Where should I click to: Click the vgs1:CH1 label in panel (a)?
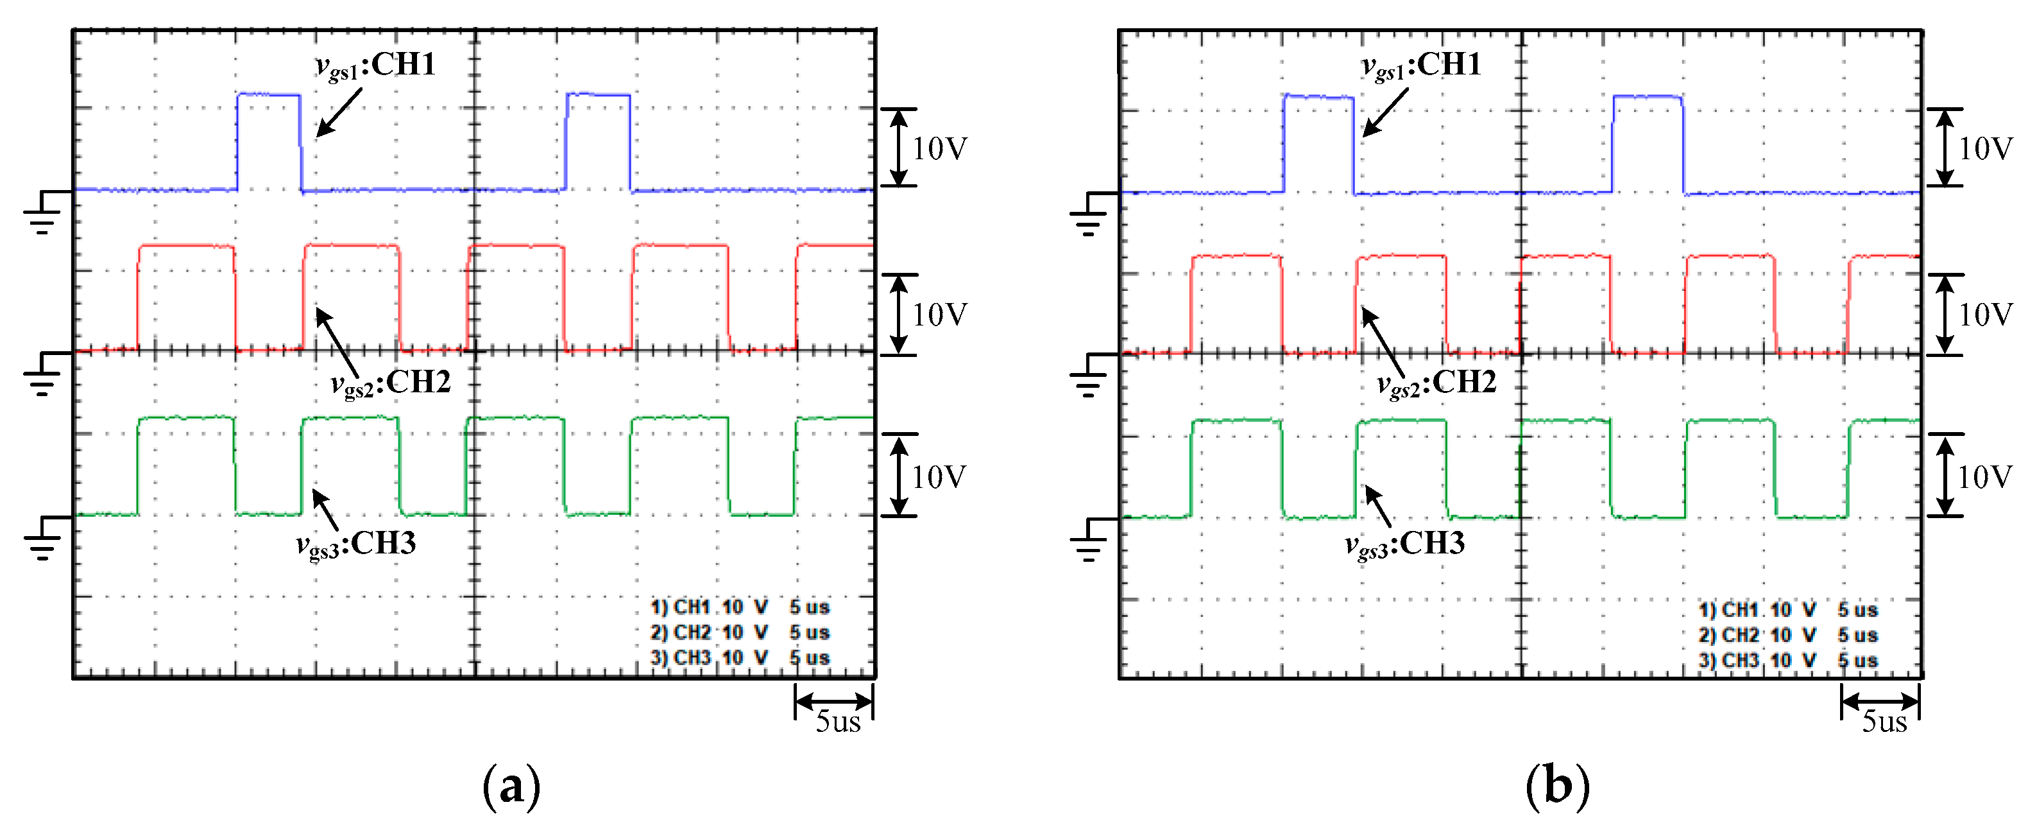point(375,65)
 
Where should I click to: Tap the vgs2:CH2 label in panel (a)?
point(391,384)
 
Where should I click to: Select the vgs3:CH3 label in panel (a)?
point(356,544)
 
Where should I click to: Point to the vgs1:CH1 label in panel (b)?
point(1421,65)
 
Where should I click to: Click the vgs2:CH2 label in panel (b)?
point(1437,384)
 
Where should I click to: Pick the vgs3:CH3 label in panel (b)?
point(1404,544)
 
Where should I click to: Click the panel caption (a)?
point(511,786)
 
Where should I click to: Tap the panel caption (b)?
point(1557,786)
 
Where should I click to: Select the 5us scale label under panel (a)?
point(837,722)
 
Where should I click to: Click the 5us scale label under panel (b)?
point(1884,722)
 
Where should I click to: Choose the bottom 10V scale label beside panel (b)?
point(1985,477)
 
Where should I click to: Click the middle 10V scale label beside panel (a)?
point(939,315)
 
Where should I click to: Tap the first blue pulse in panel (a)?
point(269,141)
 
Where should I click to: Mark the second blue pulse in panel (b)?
point(1647,143)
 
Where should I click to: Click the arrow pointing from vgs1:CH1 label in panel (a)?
point(339,112)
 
